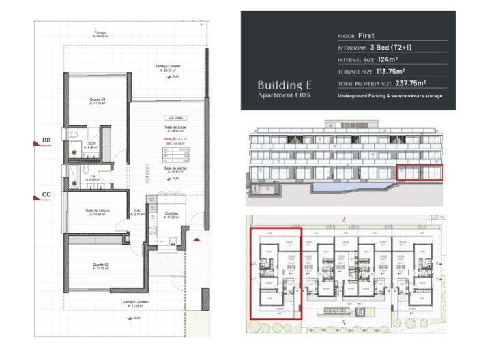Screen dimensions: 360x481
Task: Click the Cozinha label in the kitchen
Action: (172, 215)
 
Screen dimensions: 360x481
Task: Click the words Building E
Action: (285, 85)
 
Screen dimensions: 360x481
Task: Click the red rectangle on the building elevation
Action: (419, 173)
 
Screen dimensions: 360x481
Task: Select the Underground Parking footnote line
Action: (390, 96)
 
